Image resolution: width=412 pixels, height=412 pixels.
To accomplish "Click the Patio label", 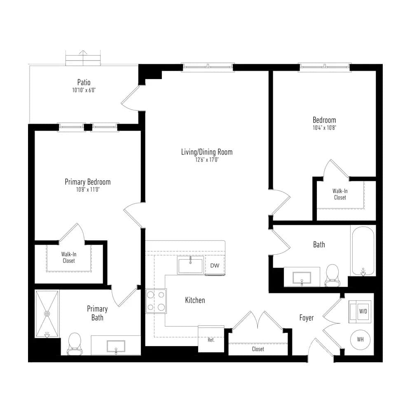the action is click(x=84, y=82).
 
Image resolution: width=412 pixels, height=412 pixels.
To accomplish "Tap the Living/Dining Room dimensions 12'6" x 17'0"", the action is click(x=207, y=160).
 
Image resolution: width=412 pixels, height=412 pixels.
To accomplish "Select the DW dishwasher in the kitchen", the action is click(x=215, y=265).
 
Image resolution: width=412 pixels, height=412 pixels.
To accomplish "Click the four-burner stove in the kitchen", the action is click(x=156, y=301).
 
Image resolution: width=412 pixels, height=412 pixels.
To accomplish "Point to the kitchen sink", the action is click(x=191, y=265).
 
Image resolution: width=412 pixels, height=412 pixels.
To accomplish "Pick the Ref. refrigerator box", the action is click(x=211, y=339).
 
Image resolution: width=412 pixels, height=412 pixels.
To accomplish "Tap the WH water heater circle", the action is click(x=360, y=339).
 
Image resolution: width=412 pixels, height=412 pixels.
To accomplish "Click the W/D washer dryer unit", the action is click(x=360, y=311).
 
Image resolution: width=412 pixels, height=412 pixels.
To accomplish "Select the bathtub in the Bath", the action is click(x=363, y=251).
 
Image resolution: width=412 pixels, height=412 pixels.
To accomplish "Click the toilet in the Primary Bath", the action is click(x=74, y=344).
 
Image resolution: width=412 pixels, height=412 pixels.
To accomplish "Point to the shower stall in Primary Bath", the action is click(x=47, y=314).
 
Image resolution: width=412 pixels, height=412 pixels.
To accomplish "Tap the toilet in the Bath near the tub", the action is click(x=332, y=275).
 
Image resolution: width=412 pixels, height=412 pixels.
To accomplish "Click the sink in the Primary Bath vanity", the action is click(x=116, y=346).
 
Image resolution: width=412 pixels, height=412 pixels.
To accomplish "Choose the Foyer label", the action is click(x=307, y=318).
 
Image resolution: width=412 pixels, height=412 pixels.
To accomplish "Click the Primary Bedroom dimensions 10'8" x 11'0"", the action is click(x=88, y=190).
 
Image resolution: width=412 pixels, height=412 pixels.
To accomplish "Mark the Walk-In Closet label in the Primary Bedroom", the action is click(x=68, y=257).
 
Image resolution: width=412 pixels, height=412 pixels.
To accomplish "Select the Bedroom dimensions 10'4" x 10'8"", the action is click(x=325, y=128).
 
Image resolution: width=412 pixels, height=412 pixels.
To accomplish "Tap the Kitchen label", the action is click(x=195, y=300).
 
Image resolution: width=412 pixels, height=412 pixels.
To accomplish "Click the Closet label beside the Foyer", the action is click(x=258, y=349).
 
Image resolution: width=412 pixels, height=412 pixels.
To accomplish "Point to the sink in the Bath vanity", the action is click(x=302, y=278).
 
